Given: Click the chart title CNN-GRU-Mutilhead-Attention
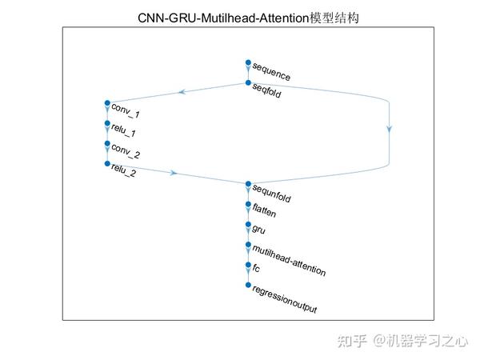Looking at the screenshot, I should click(x=247, y=16).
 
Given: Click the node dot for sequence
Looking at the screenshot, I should click(x=248, y=63).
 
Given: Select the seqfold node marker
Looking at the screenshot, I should click(x=248, y=83).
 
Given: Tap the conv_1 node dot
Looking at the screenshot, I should click(x=106, y=103).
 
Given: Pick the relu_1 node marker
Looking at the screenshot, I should click(x=106, y=123).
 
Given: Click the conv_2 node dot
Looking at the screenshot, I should click(x=106, y=144).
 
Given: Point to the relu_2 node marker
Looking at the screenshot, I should click(x=106, y=164).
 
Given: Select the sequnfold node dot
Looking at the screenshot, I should click(x=248, y=184).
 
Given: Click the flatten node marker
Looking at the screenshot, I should click(x=248, y=204).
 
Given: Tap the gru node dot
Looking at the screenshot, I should click(x=248, y=224).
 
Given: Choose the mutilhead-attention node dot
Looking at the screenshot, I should click(x=248, y=244).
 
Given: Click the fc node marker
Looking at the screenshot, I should click(x=248, y=264).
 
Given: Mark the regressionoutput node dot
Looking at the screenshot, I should click(x=248, y=285).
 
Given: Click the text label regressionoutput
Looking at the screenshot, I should click(x=280, y=301).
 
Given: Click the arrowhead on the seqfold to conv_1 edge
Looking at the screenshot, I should click(x=185, y=92).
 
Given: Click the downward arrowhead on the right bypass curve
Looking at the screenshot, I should click(x=390, y=128).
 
